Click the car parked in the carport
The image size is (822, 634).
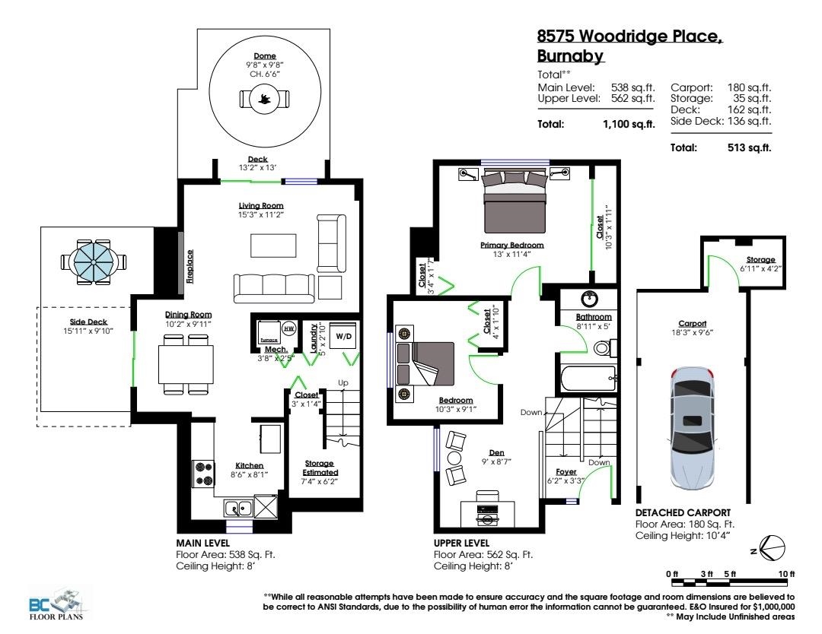point(693,428)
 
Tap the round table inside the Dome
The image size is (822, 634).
point(265,98)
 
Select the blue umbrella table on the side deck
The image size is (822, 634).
point(94,262)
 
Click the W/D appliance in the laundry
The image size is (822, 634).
point(343,337)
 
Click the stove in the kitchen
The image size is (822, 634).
point(203,474)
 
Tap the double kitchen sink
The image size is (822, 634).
point(238,509)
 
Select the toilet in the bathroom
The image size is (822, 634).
point(605,347)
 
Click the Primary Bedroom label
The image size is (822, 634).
point(511,245)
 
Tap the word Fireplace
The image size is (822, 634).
point(190,267)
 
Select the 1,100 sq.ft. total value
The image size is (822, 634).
point(629,125)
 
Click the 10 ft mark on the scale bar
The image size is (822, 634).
point(786,574)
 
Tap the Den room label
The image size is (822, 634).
point(496,453)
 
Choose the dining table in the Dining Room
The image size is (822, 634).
point(186,364)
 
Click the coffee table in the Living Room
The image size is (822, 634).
point(273,246)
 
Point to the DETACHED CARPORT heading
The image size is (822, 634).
point(683,512)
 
